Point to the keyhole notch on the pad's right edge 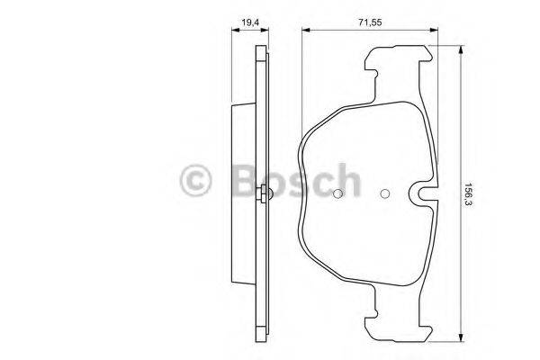tap(421, 193)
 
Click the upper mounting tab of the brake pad tap(396, 67)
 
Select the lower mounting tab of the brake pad tap(396, 319)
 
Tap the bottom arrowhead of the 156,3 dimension tap(460, 339)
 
